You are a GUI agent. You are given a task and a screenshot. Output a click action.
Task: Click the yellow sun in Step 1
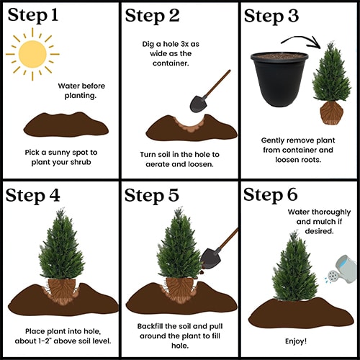point(32,54)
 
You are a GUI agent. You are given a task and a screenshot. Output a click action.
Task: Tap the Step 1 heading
point(33,15)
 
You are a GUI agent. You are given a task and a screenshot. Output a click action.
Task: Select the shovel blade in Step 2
point(198,104)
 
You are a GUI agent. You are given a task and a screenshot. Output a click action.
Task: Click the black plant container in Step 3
point(279,79)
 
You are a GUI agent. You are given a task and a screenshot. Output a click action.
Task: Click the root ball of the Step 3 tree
point(332,112)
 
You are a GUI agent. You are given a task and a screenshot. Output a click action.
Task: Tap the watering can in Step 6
point(341,269)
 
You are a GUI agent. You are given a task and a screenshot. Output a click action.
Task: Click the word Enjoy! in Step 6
point(296,341)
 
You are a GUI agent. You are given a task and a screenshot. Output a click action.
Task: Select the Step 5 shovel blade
point(211,258)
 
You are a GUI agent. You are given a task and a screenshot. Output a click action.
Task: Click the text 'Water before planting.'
point(81,91)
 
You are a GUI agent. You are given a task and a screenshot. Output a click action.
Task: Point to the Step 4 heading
point(32,196)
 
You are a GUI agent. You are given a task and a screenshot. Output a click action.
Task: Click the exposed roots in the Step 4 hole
point(61,291)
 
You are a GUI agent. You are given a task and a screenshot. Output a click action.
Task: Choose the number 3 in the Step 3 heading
point(292,16)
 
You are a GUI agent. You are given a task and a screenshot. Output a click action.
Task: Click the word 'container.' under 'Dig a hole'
point(171,63)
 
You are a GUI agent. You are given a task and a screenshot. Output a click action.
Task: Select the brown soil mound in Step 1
point(66,125)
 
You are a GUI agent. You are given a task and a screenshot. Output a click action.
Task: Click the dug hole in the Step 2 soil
point(189,123)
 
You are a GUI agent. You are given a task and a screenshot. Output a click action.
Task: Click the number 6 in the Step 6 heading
point(292,194)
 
